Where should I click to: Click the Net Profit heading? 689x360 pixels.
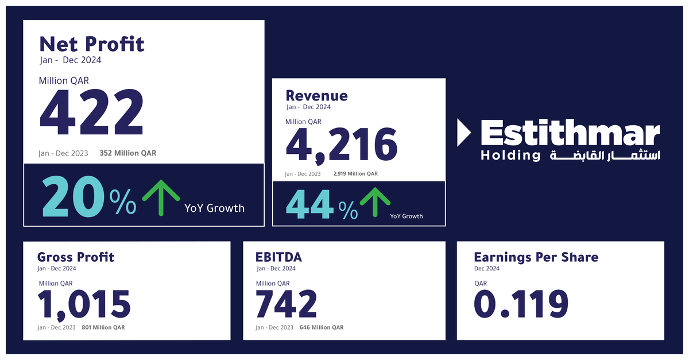click(x=92, y=44)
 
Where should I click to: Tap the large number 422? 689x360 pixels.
click(x=91, y=113)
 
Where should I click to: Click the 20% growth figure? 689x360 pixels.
click(x=89, y=196)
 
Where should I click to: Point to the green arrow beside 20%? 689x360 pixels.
click(x=161, y=196)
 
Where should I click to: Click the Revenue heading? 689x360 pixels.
click(x=316, y=95)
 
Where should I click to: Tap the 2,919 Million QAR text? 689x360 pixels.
click(x=355, y=173)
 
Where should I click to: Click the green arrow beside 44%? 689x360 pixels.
click(x=374, y=202)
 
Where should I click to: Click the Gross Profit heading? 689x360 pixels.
click(x=76, y=257)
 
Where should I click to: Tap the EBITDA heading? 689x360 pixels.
click(x=278, y=257)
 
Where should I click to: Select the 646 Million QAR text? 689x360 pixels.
click(x=322, y=327)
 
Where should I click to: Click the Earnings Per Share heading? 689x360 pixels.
click(x=536, y=257)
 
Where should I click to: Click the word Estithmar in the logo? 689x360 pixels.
click(x=570, y=134)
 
